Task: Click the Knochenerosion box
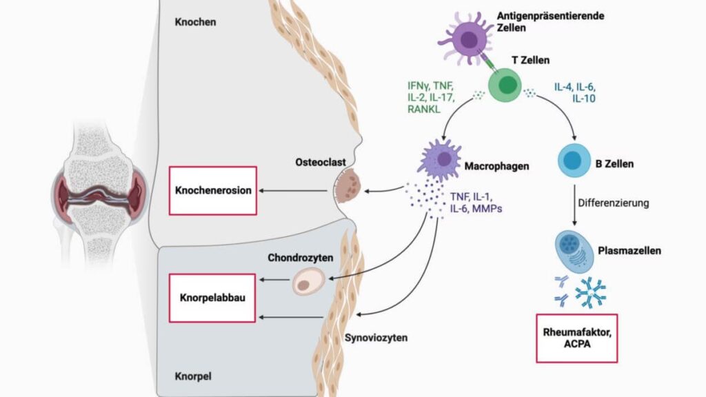click(x=213, y=190)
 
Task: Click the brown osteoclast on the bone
click(x=349, y=187)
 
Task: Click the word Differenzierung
click(x=613, y=205)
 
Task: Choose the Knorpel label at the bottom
click(x=192, y=377)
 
